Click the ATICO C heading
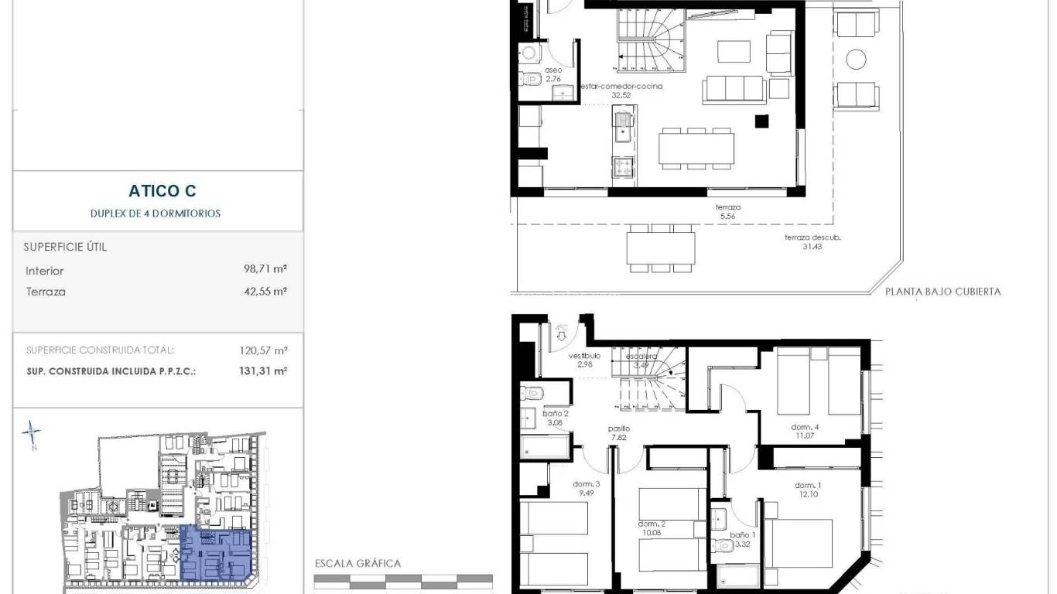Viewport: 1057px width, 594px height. pos(162,191)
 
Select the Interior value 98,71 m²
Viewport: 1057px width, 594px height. pos(265,270)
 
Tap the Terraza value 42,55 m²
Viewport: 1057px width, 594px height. pos(265,292)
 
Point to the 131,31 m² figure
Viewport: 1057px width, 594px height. pos(264,370)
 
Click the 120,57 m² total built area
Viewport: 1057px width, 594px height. pos(264,350)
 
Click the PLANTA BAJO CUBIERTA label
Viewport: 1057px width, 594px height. pos(942,292)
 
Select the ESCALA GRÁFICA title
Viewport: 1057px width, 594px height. pos(357,563)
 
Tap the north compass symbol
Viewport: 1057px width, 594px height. pos(31,433)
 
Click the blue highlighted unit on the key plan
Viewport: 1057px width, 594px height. pos(215,554)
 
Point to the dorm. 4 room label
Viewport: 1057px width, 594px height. pos(805,432)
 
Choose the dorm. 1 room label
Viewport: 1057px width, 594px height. pos(808,490)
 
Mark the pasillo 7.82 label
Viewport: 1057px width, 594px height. pos(618,432)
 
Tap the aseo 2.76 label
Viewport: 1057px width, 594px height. pos(552,73)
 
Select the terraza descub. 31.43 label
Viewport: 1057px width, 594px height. pos(812,241)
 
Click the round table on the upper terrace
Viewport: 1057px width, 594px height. pos(856,60)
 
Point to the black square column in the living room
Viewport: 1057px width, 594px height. pos(761,121)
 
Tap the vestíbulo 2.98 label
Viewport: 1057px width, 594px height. pos(585,360)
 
